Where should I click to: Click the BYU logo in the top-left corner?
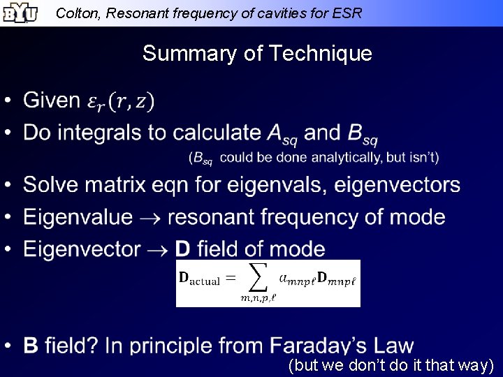[19, 13]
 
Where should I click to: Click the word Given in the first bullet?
[52, 101]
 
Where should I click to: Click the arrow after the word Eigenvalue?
[150, 218]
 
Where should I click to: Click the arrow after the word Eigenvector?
[157, 249]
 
